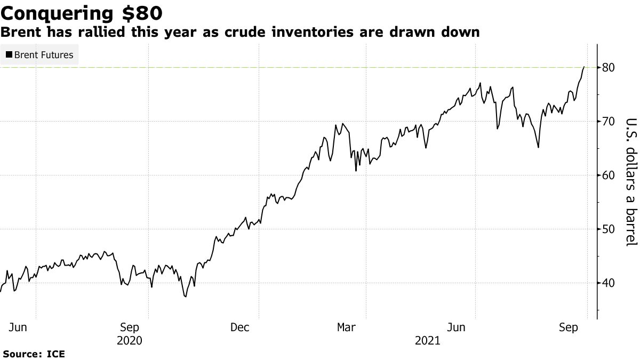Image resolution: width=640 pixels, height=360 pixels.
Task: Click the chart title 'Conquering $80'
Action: (x=82, y=12)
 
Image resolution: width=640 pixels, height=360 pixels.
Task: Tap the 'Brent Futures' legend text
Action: (x=44, y=54)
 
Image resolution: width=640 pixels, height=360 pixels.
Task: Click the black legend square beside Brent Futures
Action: (x=9, y=54)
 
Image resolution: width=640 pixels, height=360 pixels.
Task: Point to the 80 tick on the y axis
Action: (x=609, y=68)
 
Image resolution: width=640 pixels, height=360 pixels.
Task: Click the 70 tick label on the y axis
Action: (x=609, y=122)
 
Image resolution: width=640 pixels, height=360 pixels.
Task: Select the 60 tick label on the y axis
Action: (x=609, y=175)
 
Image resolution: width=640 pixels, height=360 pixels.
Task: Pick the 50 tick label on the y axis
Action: (x=609, y=229)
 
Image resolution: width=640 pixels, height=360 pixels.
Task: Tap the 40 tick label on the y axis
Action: (x=609, y=283)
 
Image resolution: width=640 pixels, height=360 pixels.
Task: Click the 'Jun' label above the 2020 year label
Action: (x=18, y=327)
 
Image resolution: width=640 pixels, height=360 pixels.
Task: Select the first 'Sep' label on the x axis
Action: (x=130, y=327)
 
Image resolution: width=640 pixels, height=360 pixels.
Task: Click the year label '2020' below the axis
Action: (x=130, y=340)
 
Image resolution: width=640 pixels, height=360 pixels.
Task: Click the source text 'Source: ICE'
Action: (x=34, y=354)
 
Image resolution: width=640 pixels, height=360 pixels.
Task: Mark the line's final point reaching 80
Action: (x=584, y=67)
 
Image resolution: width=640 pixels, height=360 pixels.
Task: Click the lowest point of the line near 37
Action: (x=185, y=297)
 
